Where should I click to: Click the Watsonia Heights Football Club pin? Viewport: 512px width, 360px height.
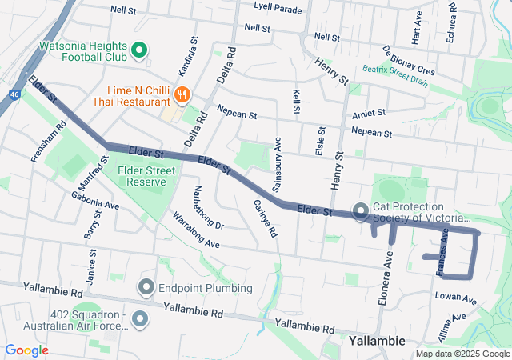(x=138, y=51)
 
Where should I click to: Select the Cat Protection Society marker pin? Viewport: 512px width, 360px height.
(x=360, y=211)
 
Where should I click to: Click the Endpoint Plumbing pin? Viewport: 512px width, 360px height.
(x=146, y=286)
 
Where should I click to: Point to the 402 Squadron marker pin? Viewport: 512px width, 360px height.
(x=141, y=320)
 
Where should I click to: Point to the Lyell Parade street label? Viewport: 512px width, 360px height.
(x=278, y=10)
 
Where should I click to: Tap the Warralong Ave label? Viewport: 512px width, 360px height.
(x=196, y=230)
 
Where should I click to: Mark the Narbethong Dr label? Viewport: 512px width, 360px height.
(x=208, y=206)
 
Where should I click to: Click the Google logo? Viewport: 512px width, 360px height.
(x=27, y=350)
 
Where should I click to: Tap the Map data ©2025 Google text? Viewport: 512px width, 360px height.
(x=462, y=354)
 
